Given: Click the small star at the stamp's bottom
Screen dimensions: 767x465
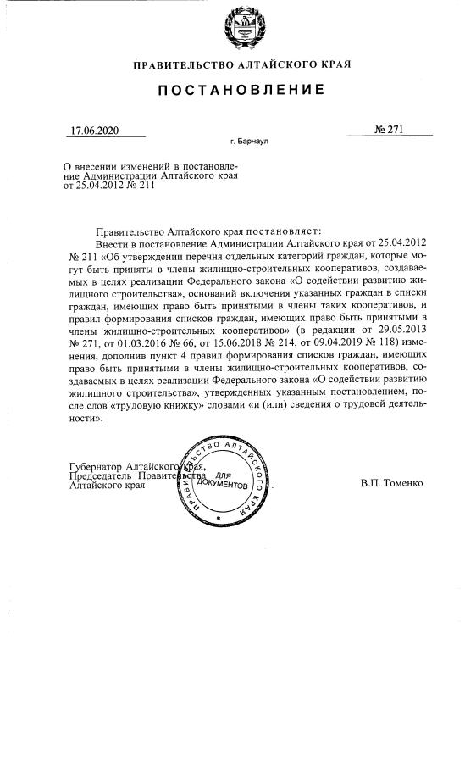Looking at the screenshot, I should [x=219, y=517].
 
